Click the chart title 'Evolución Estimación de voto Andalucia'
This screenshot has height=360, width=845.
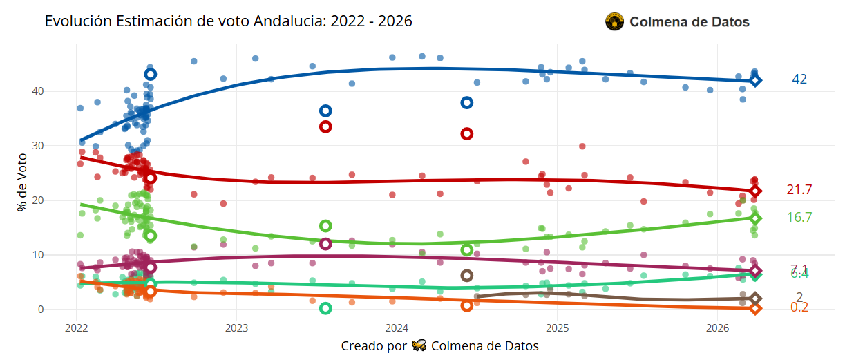(x=228, y=21)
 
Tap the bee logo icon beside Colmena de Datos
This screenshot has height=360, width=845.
(x=614, y=22)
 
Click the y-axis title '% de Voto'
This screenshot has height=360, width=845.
(x=23, y=182)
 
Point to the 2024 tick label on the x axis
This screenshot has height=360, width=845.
(x=397, y=327)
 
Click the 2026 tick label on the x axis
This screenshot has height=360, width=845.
(x=719, y=327)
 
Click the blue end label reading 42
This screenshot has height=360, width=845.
(x=799, y=79)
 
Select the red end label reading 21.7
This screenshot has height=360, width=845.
(x=799, y=190)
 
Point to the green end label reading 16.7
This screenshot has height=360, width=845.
(x=799, y=218)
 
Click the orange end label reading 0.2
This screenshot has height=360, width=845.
(x=799, y=307)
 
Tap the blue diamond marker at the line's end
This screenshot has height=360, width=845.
(x=755, y=81)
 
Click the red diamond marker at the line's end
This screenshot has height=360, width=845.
(x=755, y=191)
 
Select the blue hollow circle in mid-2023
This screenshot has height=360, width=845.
(x=326, y=111)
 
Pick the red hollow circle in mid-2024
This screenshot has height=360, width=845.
(x=467, y=134)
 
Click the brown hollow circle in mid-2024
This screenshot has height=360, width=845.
(x=467, y=276)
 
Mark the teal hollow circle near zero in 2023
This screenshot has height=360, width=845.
(x=326, y=308)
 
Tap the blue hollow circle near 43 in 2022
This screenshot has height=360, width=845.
(x=151, y=75)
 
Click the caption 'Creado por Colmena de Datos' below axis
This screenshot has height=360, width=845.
(x=439, y=345)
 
